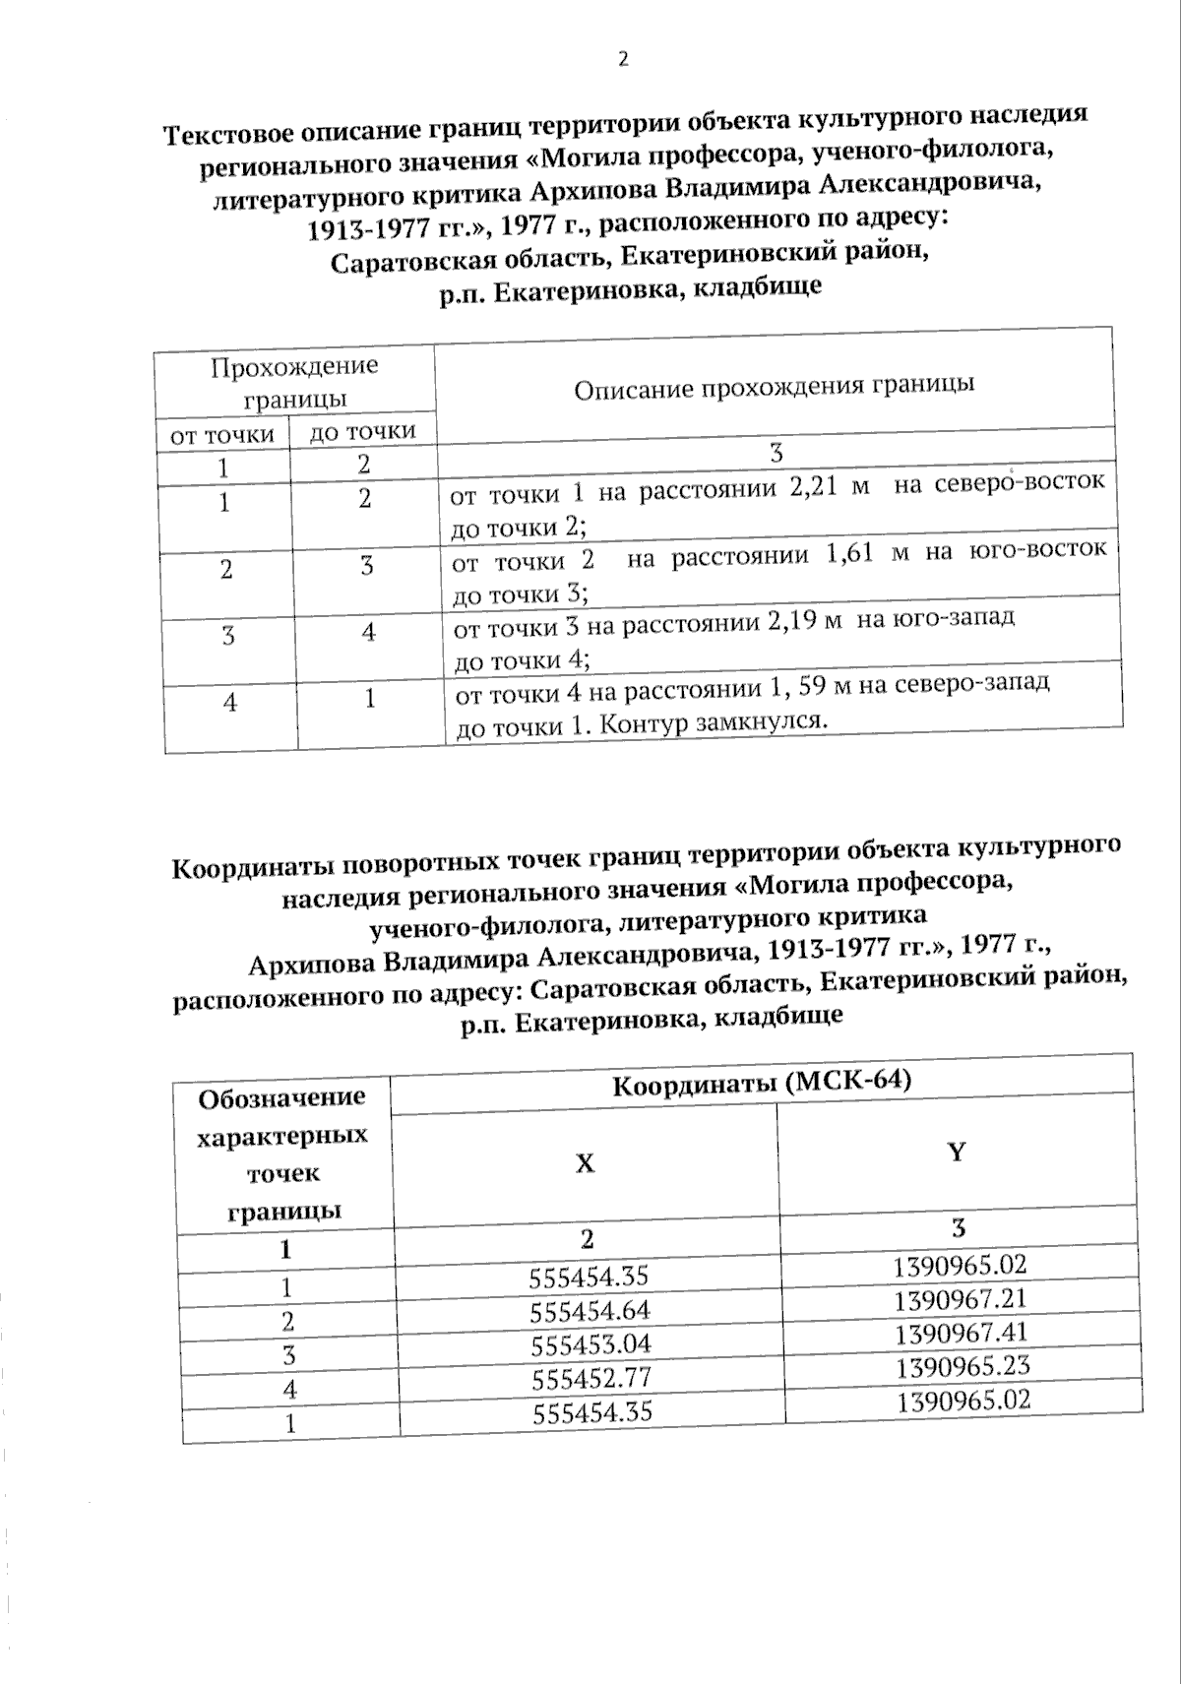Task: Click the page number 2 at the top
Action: (622, 59)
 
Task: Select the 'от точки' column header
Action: (222, 435)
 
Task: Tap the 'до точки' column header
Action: (362, 431)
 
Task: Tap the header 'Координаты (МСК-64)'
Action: (762, 1083)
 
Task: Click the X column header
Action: (585, 1163)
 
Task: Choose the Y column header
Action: (956, 1153)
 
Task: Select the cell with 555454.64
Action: (590, 1310)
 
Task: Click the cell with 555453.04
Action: (590, 1344)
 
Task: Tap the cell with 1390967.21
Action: (961, 1300)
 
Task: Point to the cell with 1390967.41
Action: (962, 1334)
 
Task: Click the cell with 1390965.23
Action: (963, 1367)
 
